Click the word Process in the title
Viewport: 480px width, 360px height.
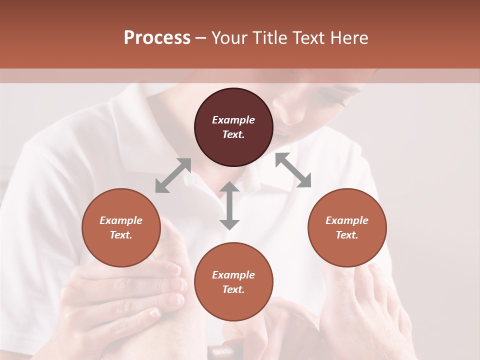157,38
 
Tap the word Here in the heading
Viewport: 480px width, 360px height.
349,38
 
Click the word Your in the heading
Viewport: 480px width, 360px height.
229,38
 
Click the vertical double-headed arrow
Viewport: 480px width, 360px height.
229,205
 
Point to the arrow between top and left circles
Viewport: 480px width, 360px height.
173,175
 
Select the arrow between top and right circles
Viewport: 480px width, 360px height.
293,170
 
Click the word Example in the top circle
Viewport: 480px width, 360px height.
233,120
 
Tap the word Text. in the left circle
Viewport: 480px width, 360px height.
121,235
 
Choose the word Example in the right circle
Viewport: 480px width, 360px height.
347,220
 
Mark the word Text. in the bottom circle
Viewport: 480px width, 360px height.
233,289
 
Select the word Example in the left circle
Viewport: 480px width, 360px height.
121,220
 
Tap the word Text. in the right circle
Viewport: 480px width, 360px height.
347,235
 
